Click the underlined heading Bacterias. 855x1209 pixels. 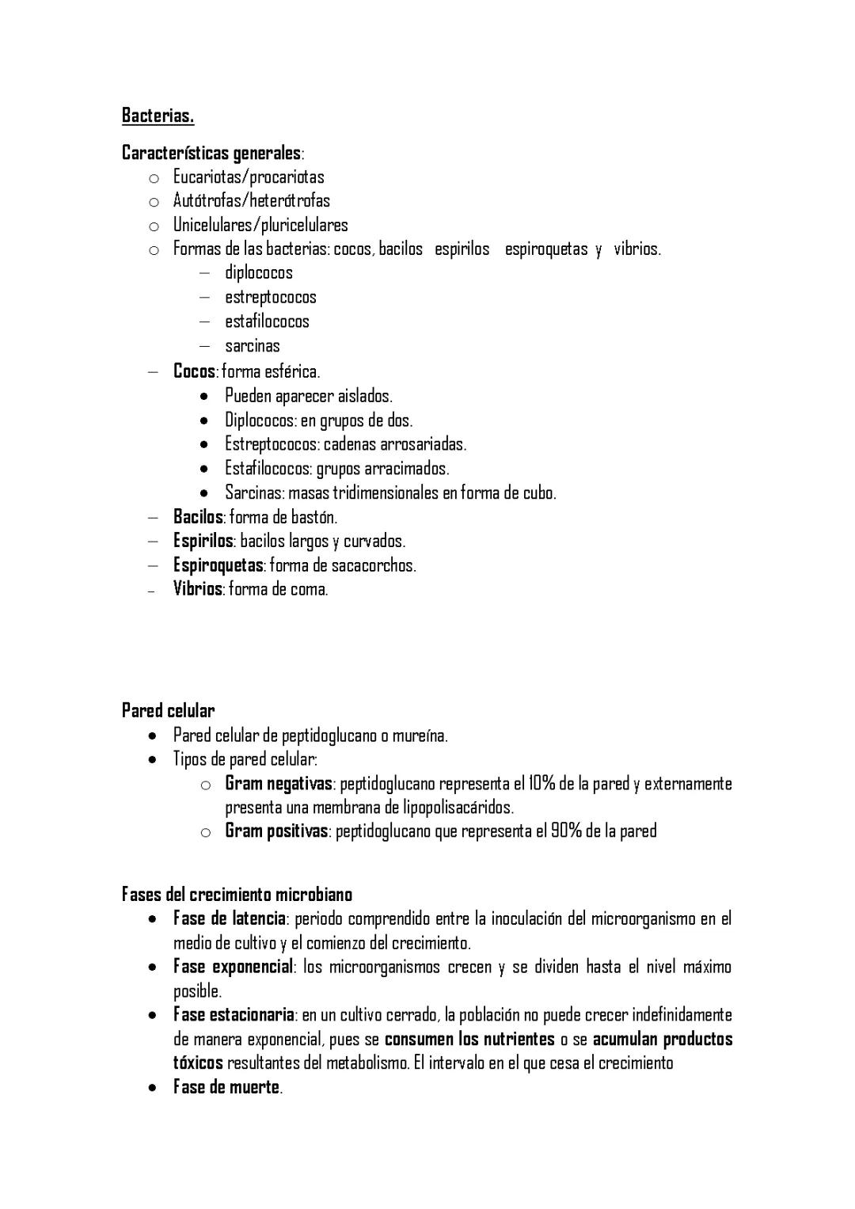(158, 116)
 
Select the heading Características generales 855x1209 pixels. (211, 153)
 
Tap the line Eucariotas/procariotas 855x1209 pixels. (249, 177)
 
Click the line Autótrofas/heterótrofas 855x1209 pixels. (251, 200)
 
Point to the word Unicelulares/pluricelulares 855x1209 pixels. (260, 225)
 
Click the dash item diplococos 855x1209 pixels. (258, 273)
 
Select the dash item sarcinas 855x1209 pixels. (252, 346)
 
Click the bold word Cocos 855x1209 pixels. (194, 371)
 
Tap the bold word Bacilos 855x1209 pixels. (198, 517)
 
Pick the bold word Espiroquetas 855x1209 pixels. (218, 565)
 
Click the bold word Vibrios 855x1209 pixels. (197, 589)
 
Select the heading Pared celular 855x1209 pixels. (168, 710)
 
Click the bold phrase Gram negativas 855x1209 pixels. (279, 784)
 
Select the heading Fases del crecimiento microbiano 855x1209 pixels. (237, 895)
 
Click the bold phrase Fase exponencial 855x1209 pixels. (233, 967)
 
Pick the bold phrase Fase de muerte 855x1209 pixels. (226, 1087)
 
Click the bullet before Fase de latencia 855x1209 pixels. (151, 919)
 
